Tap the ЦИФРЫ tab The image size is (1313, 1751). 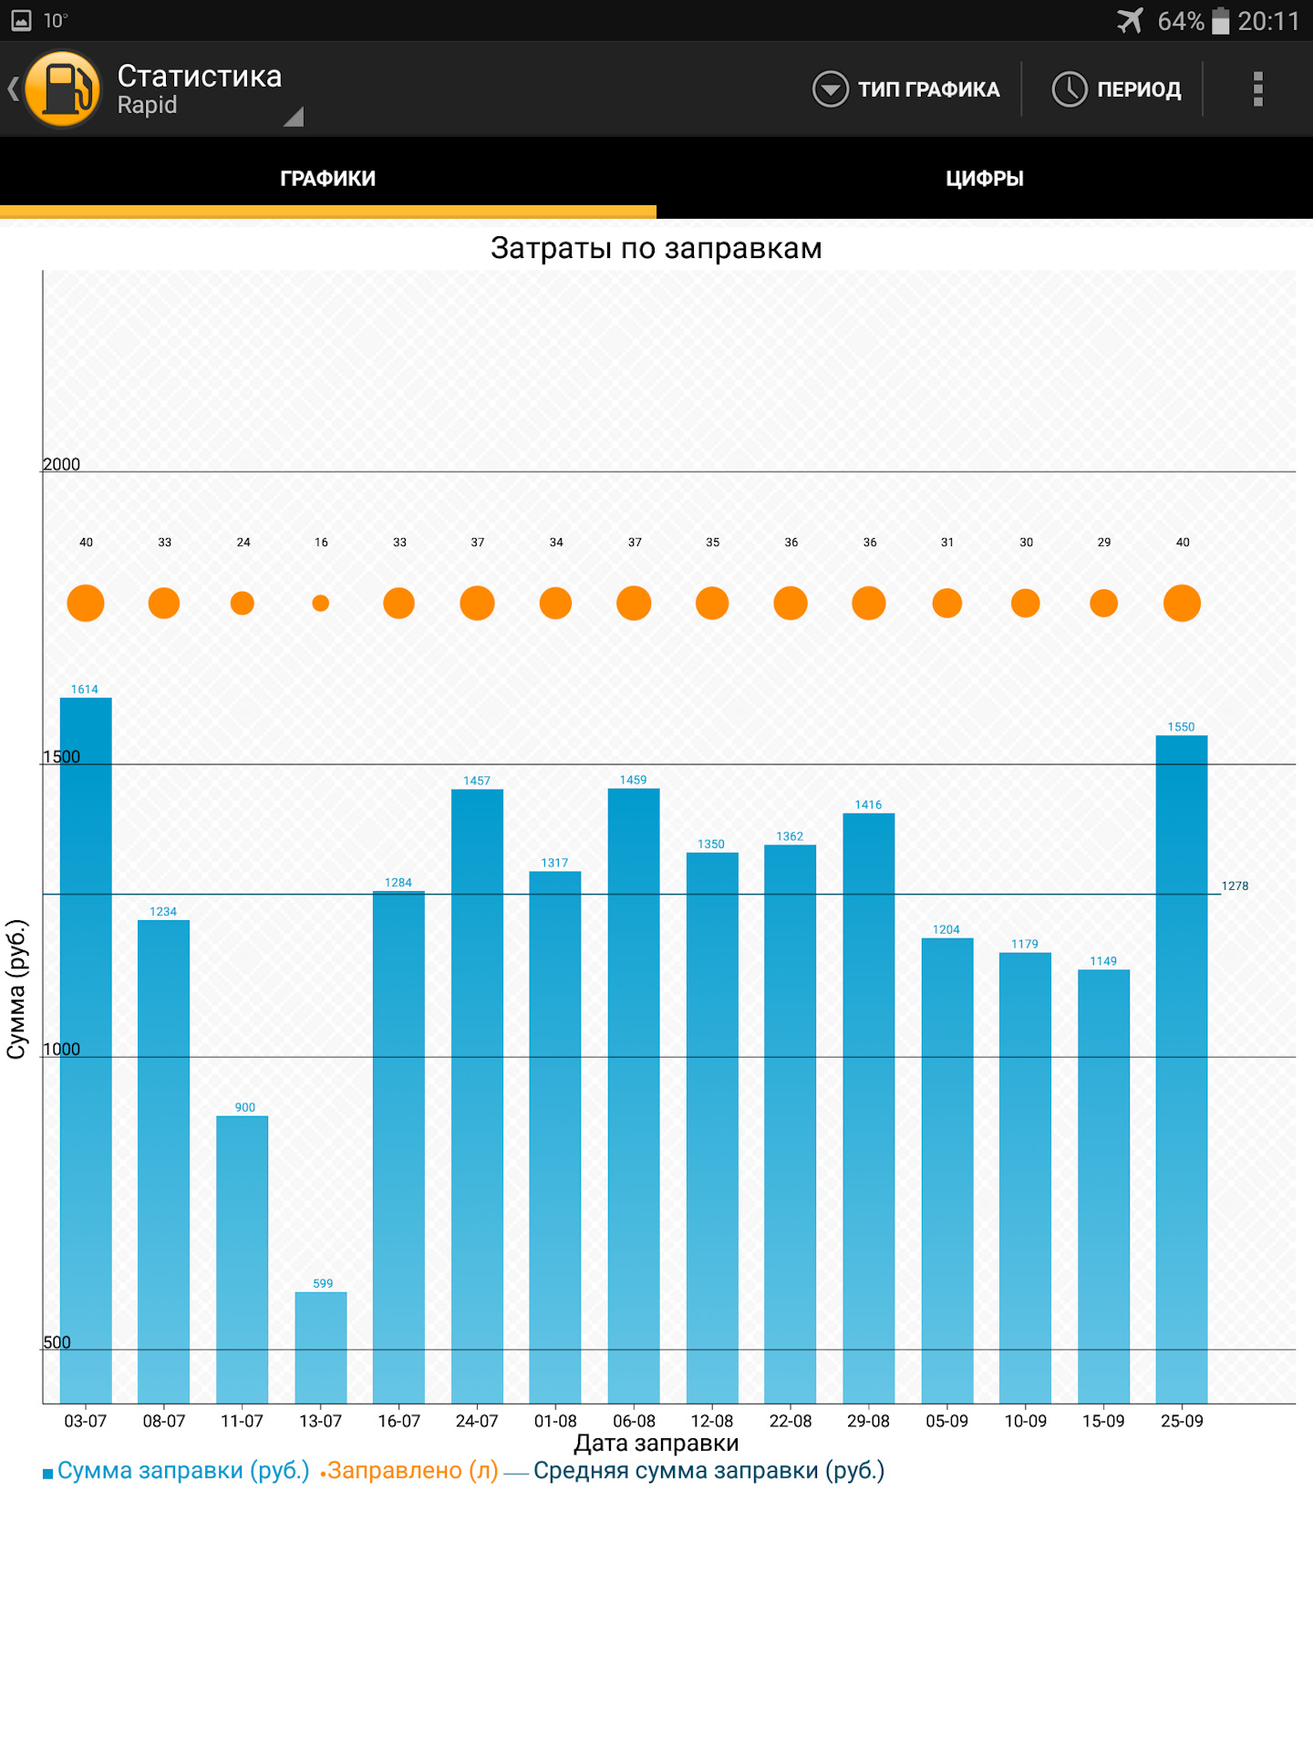pyautogui.click(x=984, y=178)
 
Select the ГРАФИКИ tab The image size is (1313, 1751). pyautogui.click(x=327, y=178)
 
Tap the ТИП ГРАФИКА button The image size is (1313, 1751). pyautogui.click(x=906, y=89)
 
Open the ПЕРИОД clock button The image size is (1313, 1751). pyautogui.click(x=1117, y=89)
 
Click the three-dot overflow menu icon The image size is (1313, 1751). pyautogui.click(x=1257, y=89)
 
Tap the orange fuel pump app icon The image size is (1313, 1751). pyautogui.click(x=63, y=89)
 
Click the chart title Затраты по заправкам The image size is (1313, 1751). pyautogui.click(x=656, y=248)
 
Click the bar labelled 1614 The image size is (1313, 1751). pyautogui.click(x=86, y=1049)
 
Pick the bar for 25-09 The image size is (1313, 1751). pyautogui.click(x=1182, y=1067)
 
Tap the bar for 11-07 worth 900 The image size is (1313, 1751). pyautogui.click(x=243, y=1259)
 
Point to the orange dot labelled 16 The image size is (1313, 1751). pyautogui.click(x=320, y=603)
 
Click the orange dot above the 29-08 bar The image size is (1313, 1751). pyautogui.click(x=869, y=603)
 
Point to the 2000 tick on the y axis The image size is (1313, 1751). pyautogui.click(x=61, y=464)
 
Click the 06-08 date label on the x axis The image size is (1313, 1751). pyautogui.click(x=634, y=1421)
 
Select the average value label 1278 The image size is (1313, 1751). pyautogui.click(x=1235, y=886)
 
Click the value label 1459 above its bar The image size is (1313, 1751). pyautogui.click(x=633, y=780)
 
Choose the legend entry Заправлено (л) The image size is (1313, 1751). pyautogui.click(x=411, y=1470)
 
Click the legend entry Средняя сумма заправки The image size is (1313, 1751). pyautogui.click(x=708, y=1470)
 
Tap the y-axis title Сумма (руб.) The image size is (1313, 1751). pyautogui.click(x=16, y=989)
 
